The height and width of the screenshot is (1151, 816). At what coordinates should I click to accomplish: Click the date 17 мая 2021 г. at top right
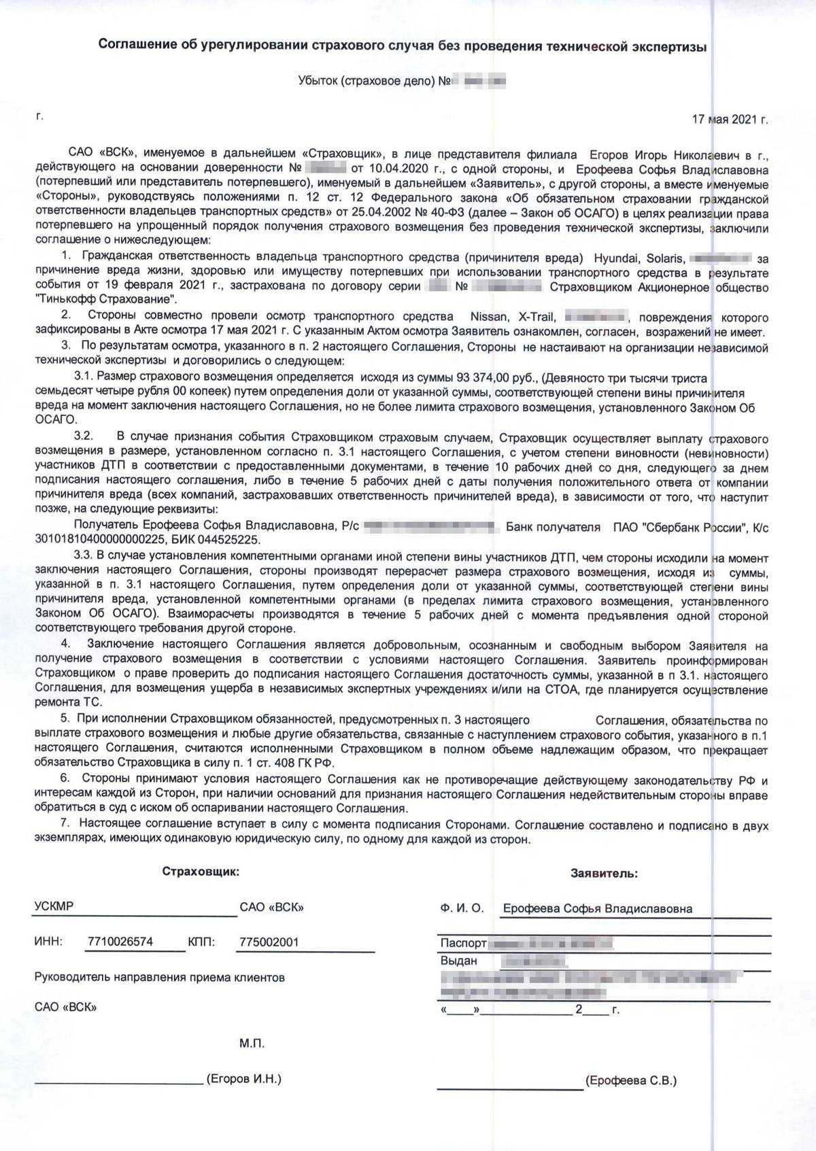pyautogui.click(x=730, y=120)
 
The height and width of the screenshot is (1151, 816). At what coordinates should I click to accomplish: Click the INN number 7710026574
pyautogui.click(x=120, y=942)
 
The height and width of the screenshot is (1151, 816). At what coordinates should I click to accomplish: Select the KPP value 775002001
pyautogui.click(x=269, y=942)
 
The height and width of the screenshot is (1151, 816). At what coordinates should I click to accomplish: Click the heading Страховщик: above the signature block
pyautogui.click(x=201, y=872)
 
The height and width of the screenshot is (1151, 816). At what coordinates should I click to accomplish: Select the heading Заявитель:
pyautogui.click(x=604, y=874)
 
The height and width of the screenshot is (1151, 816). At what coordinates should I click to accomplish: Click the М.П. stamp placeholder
pyautogui.click(x=252, y=1044)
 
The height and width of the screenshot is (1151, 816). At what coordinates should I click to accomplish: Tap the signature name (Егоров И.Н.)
pyautogui.click(x=243, y=1079)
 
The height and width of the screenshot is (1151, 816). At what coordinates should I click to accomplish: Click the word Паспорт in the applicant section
pyautogui.click(x=463, y=944)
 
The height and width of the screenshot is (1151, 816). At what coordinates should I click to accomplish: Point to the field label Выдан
pyautogui.click(x=459, y=961)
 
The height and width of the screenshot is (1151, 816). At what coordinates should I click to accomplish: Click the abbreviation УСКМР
pyautogui.click(x=54, y=907)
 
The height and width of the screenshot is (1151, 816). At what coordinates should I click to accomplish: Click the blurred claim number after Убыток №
pyautogui.click(x=481, y=82)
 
